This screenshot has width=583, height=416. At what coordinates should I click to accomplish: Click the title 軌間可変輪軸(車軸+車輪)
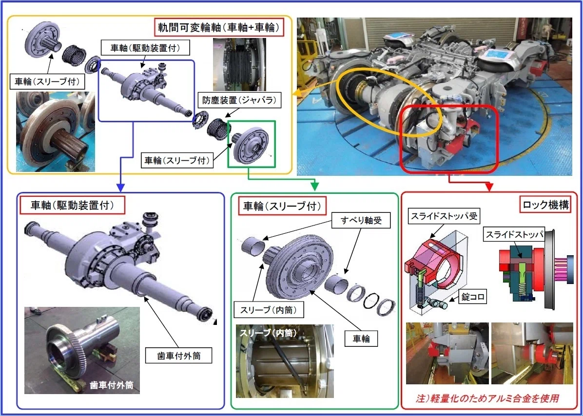[x=219, y=27]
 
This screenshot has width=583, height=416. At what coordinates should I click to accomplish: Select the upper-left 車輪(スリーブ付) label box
[x=47, y=81]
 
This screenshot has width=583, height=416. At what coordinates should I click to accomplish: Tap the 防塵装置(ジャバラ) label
[x=240, y=100]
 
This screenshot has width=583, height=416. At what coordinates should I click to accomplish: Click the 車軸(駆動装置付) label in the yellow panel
[x=145, y=48]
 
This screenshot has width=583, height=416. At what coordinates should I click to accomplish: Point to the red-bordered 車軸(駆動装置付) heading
[x=72, y=205]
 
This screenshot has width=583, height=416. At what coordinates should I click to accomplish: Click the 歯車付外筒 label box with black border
[x=179, y=356]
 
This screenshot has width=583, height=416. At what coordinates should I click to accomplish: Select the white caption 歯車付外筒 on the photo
[x=111, y=385]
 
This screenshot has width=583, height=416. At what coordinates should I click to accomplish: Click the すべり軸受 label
[x=361, y=220]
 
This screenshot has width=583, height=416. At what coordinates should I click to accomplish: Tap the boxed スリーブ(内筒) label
[x=269, y=310]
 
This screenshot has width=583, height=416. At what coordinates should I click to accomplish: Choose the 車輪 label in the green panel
[x=361, y=339]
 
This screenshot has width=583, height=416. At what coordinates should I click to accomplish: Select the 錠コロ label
[x=472, y=296]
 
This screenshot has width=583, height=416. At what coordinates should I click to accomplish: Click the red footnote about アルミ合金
[x=487, y=398]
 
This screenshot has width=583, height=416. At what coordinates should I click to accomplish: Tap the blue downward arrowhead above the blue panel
[x=120, y=188]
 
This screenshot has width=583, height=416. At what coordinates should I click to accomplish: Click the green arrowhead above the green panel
[x=314, y=187]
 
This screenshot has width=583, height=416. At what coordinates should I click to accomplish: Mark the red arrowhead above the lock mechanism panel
[x=489, y=187]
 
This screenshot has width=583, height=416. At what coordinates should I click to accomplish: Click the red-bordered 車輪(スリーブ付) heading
[x=282, y=206]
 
